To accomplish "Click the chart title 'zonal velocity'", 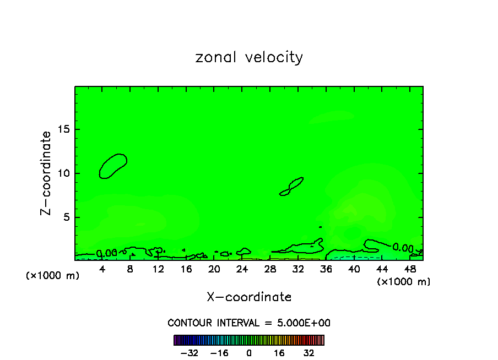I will [249, 57].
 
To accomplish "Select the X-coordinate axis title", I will [249, 297].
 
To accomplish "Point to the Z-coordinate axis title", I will [46, 173].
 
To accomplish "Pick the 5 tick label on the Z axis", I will [66, 217].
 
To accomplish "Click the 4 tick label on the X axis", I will [102, 269].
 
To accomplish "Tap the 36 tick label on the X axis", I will [326, 269].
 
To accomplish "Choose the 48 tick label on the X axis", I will [409, 269].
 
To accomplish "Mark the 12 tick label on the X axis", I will [158, 269].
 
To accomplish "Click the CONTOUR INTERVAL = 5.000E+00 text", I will [249, 323].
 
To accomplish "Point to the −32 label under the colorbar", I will [190, 353].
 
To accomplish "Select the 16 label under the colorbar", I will [279, 353].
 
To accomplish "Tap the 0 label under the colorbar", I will [249, 353].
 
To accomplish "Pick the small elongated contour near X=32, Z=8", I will [292, 186].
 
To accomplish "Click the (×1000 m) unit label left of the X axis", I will [53, 275].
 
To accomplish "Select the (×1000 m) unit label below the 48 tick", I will [404, 282].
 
